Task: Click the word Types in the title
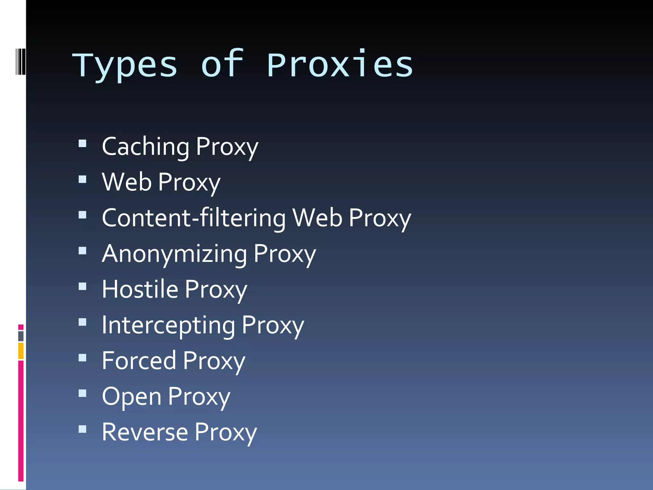pos(125,65)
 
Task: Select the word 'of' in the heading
pos(222,64)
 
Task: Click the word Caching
pos(145,147)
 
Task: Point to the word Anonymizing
pos(174,254)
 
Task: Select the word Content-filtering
pos(194,218)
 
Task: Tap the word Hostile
pos(140,289)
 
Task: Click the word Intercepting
pos(168,325)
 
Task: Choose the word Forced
pos(139,361)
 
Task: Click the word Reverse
pos(145,432)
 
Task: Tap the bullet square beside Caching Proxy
pos(83,144)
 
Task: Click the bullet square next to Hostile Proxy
pos(83,286)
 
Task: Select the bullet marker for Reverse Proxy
pos(83,429)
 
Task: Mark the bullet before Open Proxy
pos(83,393)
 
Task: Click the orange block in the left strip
pos(21,351)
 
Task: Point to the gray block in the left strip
pos(21,336)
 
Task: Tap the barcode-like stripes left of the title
pos(20,62)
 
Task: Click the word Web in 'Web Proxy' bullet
pos(127,182)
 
